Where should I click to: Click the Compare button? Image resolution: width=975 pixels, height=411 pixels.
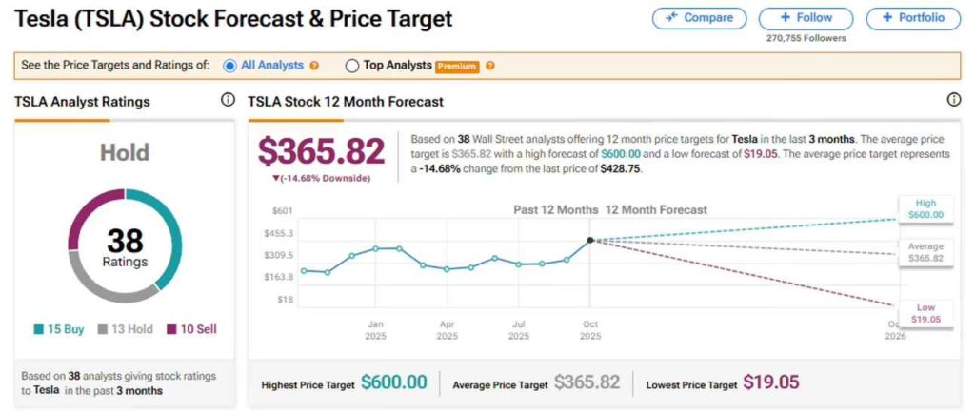pos(699,18)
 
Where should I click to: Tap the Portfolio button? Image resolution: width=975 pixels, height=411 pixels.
pos(913,18)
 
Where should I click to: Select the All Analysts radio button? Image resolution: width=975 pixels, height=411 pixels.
pos(229,66)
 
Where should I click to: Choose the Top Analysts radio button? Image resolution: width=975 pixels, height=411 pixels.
pos(352,66)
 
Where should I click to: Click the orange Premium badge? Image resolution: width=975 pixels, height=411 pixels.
pos(457,66)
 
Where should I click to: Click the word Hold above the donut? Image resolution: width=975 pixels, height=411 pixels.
pos(125,153)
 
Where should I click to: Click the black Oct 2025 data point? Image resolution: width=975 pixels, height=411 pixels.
pos(590,240)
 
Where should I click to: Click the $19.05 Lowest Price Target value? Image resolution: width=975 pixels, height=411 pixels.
pos(770,382)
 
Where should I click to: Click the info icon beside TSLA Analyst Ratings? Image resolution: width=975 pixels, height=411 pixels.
pos(228,100)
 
